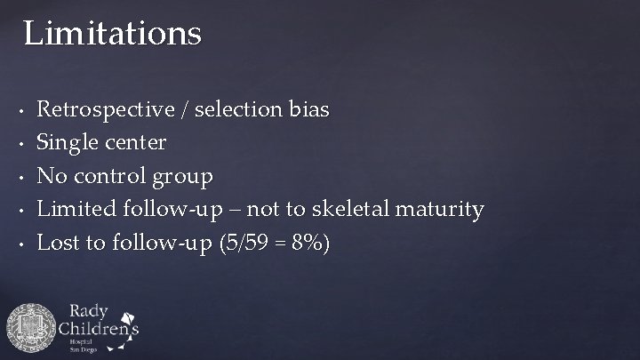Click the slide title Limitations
113,34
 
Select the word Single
68,142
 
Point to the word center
134,142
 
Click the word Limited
74,209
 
